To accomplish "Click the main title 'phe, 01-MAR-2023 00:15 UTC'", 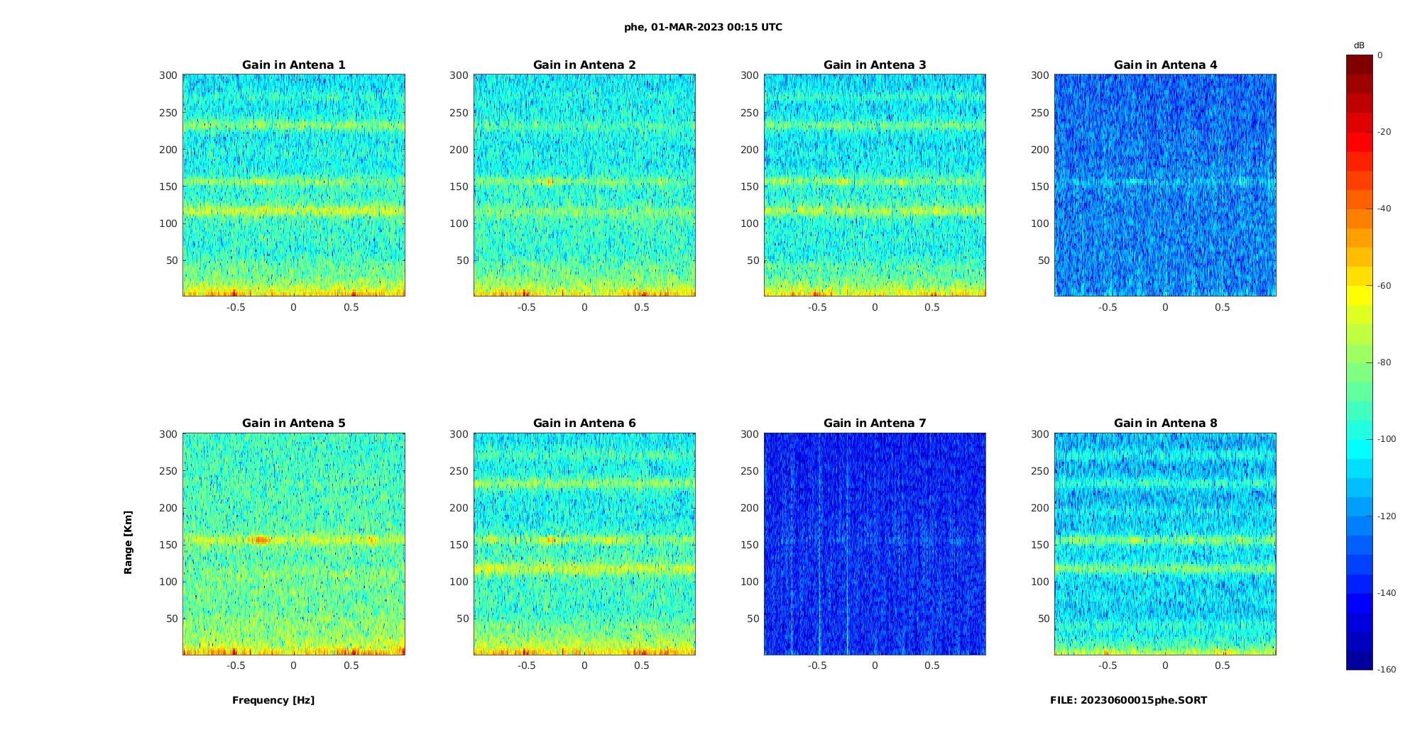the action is pyautogui.click(x=703, y=28).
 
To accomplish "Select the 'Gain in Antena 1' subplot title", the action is pyautogui.click(x=294, y=65).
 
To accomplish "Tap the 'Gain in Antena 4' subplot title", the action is pyautogui.click(x=1165, y=65).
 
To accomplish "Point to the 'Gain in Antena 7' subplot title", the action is pyautogui.click(x=875, y=423).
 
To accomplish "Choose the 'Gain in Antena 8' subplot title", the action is pyautogui.click(x=1165, y=423).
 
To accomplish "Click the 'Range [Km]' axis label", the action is pyautogui.click(x=129, y=542).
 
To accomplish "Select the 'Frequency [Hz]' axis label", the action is pyautogui.click(x=273, y=700).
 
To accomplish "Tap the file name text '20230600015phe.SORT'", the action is pyautogui.click(x=1144, y=700).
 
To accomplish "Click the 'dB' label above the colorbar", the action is pyautogui.click(x=1359, y=45).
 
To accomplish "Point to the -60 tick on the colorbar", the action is pyautogui.click(x=1384, y=286).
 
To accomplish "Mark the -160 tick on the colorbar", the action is pyautogui.click(x=1387, y=670).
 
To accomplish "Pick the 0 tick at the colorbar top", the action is pyautogui.click(x=1380, y=55).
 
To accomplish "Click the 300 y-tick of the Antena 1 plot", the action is pyautogui.click(x=168, y=75).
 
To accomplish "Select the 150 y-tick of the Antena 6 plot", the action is pyautogui.click(x=459, y=545).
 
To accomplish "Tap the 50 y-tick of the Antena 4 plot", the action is pyautogui.click(x=1044, y=260).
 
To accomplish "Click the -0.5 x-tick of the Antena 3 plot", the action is pyautogui.click(x=817, y=307).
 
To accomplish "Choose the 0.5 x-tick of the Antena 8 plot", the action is pyautogui.click(x=1223, y=665).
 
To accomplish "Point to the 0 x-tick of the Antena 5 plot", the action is pyautogui.click(x=293, y=665).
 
